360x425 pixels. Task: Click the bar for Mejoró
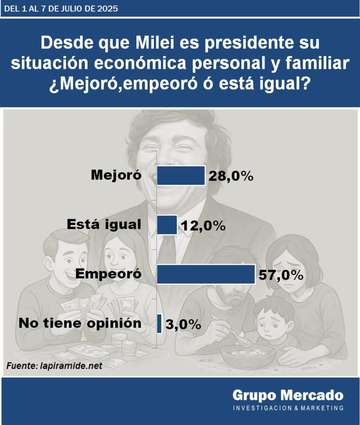(x=181, y=176)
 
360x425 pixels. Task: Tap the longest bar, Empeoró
(x=206, y=274)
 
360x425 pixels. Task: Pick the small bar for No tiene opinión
(x=160, y=324)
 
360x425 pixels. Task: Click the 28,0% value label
(x=231, y=176)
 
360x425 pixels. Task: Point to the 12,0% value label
(x=204, y=226)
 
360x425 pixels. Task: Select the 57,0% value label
(x=281, y=275)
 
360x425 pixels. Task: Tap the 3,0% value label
(x=183, y=324)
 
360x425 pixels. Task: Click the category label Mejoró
(x=116, y=176)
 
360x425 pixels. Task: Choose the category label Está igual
(x=104, y=225)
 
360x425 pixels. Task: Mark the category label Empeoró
(x=109, y=274)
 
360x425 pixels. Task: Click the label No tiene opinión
(x=80, y=323)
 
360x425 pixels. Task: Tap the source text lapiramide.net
(x=71, y=366)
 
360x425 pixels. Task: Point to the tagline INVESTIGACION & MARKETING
(x=288, y=408)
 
